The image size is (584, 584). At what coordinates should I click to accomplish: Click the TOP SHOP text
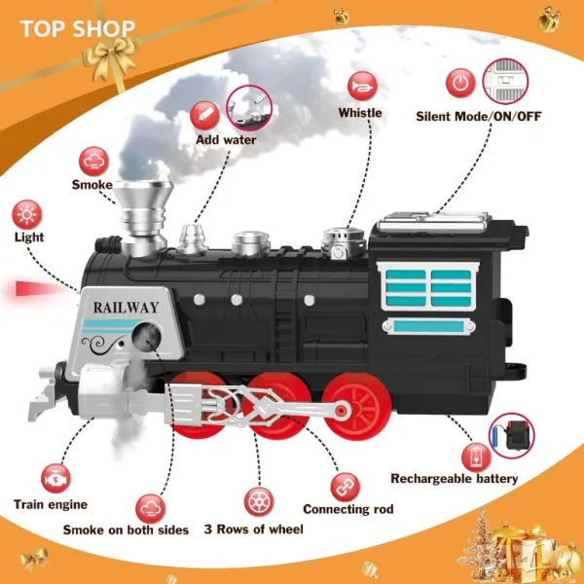78,29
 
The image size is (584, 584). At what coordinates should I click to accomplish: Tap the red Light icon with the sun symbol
27,215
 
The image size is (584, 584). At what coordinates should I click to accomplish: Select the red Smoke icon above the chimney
93,162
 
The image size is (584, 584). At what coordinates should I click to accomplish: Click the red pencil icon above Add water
204,116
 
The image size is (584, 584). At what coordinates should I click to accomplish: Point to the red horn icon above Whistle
362,86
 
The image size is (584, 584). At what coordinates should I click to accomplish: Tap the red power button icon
460,83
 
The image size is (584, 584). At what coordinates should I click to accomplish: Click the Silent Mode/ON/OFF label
478,117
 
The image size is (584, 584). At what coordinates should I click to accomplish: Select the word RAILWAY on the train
126,308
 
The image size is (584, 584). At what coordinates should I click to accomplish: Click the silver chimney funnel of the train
143,218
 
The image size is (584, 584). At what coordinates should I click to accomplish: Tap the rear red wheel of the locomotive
357,406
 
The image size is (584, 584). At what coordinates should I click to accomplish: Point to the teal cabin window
428,287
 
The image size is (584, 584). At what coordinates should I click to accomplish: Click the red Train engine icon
55,479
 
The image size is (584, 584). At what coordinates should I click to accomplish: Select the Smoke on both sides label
126,529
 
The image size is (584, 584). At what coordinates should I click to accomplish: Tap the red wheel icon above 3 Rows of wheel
259,502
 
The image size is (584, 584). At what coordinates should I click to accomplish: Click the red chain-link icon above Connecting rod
346,488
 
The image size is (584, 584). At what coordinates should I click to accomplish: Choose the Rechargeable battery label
454,479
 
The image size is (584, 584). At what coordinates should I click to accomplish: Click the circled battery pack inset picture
511,436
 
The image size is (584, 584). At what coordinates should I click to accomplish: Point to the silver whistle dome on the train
342,242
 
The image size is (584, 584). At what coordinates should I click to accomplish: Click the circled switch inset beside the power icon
505,81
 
